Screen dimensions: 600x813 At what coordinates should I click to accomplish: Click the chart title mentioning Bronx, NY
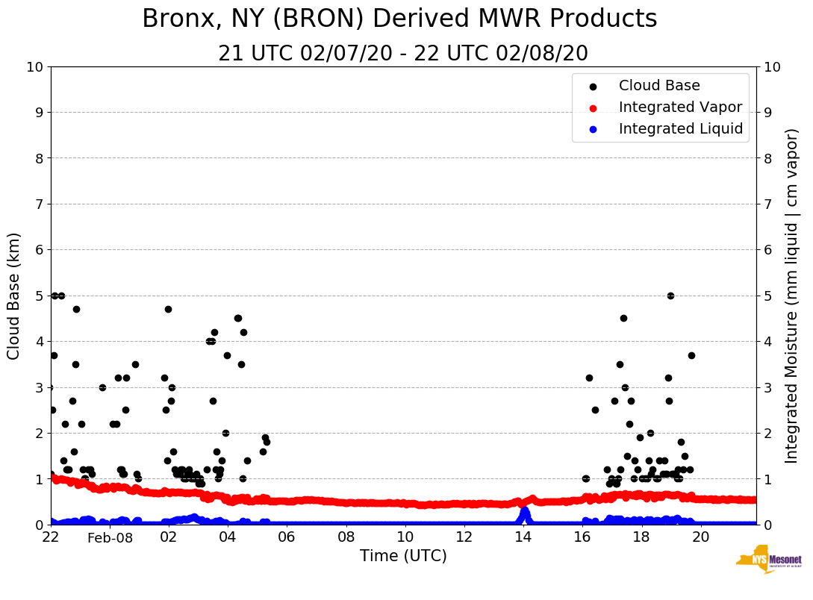pos(399,19)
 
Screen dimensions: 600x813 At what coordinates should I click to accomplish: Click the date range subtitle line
pos(403,54)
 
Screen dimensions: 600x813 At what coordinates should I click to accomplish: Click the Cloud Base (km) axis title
pos(14,296)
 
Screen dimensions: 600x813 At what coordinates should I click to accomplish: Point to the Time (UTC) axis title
pos(403,556)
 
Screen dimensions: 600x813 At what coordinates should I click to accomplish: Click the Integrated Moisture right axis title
pos(792,296)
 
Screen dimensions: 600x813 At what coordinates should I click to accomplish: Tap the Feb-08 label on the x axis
pos(110,539)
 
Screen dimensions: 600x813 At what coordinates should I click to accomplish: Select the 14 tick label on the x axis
pos(523,537)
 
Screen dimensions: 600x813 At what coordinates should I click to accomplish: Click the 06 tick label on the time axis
pos(287,537)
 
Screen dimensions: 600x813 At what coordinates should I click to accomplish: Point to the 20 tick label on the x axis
pos(701,537)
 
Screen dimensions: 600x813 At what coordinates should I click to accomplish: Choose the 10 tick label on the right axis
pos(772,67)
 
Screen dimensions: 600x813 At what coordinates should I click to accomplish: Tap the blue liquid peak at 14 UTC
pos(524,512)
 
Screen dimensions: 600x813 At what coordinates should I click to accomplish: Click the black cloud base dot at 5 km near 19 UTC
pos(670,296)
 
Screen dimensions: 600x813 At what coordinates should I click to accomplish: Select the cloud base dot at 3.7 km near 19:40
pos(691,355)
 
